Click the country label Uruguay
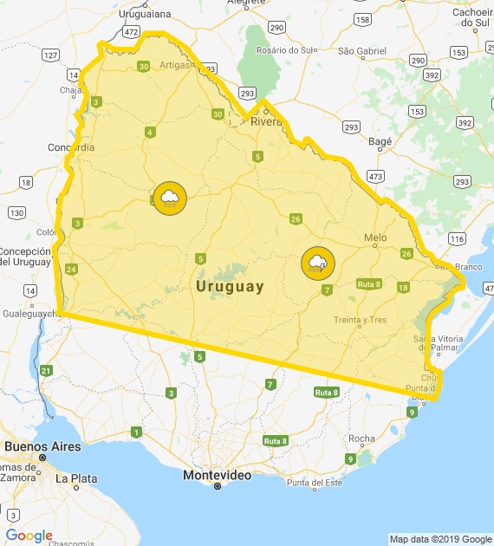coord(230,287)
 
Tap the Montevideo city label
coord(217,476)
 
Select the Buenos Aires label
coord(42,447)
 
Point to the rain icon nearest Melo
coord(318,263)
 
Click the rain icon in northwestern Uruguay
coord(169,199)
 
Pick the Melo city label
coord(375,237)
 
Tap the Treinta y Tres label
coord(360,320)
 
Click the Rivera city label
coord(267,121)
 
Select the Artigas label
coord(175,63)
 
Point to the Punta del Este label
coord(315,483)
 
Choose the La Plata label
coord(76,478)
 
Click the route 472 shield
coord(131,32)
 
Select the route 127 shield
coord(50,55)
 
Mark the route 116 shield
coord(457,238)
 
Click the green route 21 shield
coord(46,371)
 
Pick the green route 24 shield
coord(71,269)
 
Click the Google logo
coord(29,536)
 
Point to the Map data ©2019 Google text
coord(440,539)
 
